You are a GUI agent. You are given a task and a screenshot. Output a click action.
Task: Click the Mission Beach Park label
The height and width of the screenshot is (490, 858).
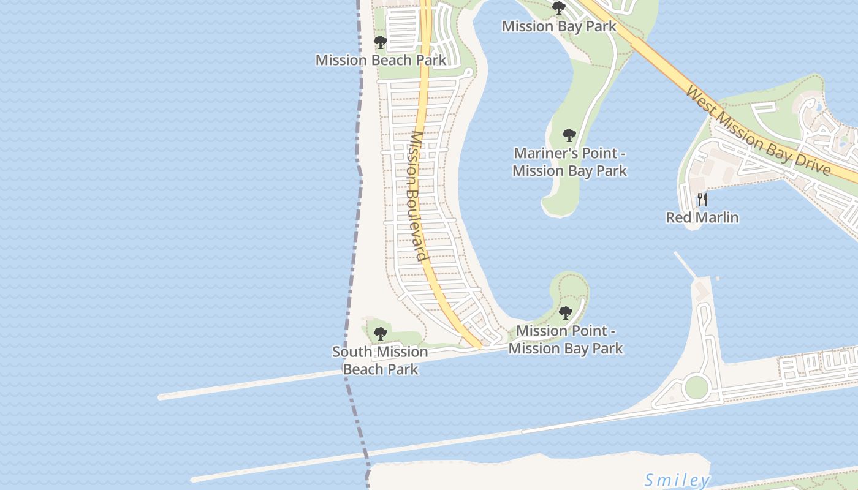[x=381, y=60]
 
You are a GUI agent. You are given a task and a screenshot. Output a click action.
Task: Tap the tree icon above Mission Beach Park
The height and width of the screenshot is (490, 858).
[x=381, y=42]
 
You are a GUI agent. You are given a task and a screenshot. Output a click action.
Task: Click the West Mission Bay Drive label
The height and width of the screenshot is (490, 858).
[x=758, y=130]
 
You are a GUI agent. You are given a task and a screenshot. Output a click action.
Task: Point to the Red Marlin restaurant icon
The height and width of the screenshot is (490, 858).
[x=702, y=199]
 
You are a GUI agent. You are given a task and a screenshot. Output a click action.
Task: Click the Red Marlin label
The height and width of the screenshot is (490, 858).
[x=702, y=217]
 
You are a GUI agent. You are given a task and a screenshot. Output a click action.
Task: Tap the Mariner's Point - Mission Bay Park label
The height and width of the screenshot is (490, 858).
[x=569, y=162]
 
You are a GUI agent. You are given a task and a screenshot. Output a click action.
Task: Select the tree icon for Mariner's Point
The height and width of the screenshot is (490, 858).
[x=569, y=135]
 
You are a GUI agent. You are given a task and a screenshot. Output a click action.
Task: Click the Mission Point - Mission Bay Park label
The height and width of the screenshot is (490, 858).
[x=566, y=340]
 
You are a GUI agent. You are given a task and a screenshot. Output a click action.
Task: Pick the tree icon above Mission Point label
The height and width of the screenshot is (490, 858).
[x=566, y=313]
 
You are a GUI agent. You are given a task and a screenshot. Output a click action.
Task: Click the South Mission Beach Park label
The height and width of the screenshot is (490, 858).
[x=380, y=360]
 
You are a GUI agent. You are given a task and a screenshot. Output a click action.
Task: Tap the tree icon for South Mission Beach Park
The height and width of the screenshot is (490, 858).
[x=381, y=334]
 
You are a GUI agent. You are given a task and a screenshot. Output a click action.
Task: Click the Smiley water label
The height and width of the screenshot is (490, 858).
[x=677, y=480]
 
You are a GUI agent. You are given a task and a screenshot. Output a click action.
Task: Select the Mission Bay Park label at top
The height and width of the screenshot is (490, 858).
[x=559, y=26]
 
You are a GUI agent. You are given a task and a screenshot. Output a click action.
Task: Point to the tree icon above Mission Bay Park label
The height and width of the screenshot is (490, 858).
[x=558, y=8]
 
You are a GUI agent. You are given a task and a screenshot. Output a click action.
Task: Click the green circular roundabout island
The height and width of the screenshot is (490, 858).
[x=696, y=387]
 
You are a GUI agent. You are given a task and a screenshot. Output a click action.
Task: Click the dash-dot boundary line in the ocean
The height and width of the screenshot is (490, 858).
[x=354, y=245]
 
